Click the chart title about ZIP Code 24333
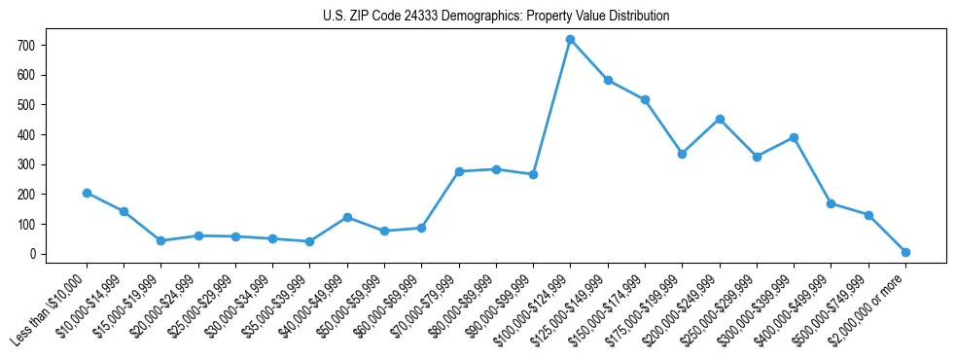click(496, 17)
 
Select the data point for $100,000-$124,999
click(571, 39)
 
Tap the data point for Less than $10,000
click(87, 193)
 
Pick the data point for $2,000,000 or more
click(905, 252)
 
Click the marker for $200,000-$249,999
click(720, 119)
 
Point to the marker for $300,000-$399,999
click(794, 137)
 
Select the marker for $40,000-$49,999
click(347, 217)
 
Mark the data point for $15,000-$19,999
click(161, 240)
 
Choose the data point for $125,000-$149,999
click(608, 80)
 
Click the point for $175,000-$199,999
click(683, 154)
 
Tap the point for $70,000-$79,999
click(459, 171)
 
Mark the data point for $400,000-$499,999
click(831, 203)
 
